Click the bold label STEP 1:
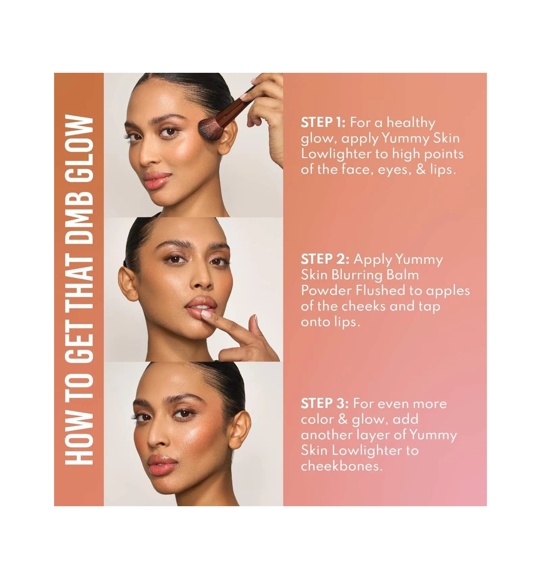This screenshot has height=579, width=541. (x=323, y=122)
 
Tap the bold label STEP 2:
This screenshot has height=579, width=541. (x=325, y=259)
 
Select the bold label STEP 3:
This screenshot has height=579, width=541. (x=325, y=403)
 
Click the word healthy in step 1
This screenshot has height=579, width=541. (x=411, y=123)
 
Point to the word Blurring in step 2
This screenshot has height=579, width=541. (x=357, y=275)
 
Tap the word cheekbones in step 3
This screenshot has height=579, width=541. (x=342, y=466)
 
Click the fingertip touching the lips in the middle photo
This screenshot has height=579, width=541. (x=206, y=315)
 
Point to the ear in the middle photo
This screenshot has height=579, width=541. (x=128, y=284)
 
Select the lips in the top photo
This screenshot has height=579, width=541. (x=157, y=179)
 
